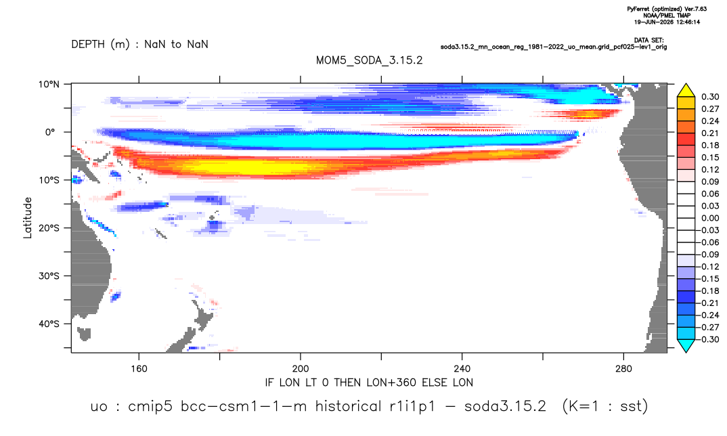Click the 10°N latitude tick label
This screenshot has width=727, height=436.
coord(49,85)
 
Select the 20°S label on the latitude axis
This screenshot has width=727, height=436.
coord(49,228)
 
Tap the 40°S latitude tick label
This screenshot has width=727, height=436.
coord(49,324)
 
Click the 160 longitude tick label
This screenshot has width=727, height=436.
coord(139,369)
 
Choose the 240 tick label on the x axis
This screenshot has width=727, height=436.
coord(462,369)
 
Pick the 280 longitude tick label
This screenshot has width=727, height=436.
coord(623,369)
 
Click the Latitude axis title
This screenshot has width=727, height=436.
coord(28,218)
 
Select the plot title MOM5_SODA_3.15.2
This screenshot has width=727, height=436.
coord(369,61)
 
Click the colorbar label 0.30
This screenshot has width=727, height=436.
coord(710,97)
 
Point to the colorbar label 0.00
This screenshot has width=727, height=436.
coord(710,218)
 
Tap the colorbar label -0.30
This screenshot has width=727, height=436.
coord(709,339)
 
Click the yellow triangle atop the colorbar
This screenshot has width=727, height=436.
coord(686,91)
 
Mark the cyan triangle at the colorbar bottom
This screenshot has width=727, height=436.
coord(686,345)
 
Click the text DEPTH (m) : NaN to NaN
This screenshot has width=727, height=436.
coord(139,45)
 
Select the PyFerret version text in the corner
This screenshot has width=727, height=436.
coord(667,9)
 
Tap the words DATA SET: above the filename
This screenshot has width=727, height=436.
coord(648,41)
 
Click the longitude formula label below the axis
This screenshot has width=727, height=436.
coord(369,383)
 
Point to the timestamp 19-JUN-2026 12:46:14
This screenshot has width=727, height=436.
coord(667,22)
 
